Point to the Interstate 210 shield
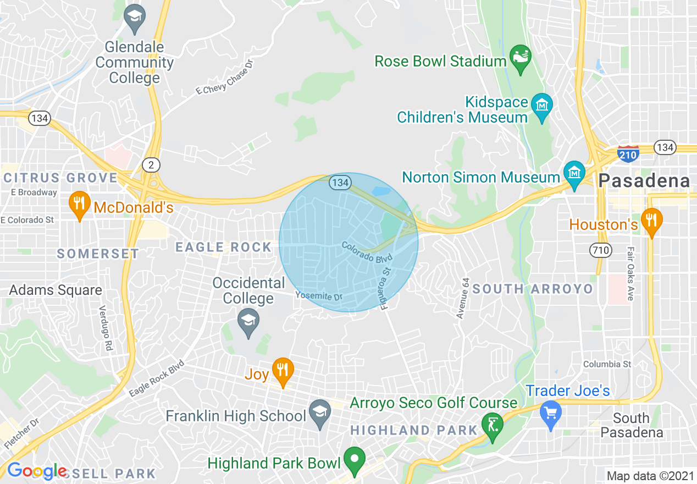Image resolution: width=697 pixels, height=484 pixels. click(x=628, y=153)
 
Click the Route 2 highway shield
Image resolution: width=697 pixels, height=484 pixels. click(x=150, y=164)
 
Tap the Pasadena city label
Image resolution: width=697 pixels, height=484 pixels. click(x=644, y=180)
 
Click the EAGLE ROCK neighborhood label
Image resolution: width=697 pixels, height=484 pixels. click(x=223, y=248)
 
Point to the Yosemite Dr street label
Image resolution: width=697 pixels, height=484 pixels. click(x=319, y=296)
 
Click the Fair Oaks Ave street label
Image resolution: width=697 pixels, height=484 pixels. click(x=630, y=273)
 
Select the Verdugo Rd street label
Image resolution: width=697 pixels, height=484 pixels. click(x=104, y=329)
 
